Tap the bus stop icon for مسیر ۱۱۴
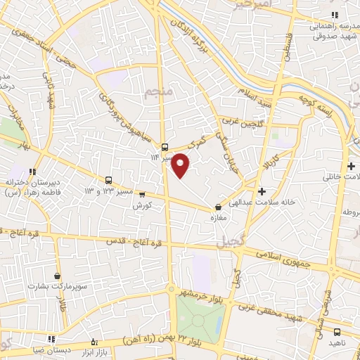(x=165, y=147)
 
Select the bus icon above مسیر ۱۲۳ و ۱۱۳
(x=109, y=179)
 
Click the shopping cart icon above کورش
(x=142, y=195)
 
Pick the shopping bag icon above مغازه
(x=218, y=207)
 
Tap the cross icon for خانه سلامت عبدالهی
(x=262, y=191)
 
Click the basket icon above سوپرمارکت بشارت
(x=57, y=276)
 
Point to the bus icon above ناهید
(x=337, y=332)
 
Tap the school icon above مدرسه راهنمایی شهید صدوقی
(x=335, y=15)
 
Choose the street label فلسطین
(x=286, y=46)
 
